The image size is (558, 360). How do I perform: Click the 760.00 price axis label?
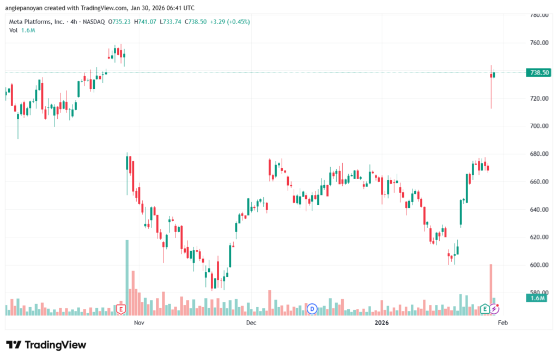(538, 42)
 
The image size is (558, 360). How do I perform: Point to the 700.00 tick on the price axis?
(538, 126)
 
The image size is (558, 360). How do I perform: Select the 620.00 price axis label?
(538, 237)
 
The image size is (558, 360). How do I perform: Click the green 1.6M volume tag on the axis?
(537, 298)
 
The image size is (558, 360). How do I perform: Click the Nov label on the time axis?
(138, 323)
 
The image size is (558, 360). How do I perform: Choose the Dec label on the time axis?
(251, 323)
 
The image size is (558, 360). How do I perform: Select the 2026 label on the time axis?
(381, 323)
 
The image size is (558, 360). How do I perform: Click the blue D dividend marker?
(312, 309)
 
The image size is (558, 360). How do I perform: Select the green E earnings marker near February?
(485, 309)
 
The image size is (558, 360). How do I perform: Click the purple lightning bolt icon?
(494, 309)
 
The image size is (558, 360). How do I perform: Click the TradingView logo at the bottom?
(46, 345)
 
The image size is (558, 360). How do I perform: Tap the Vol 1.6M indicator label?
(22, 30)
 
